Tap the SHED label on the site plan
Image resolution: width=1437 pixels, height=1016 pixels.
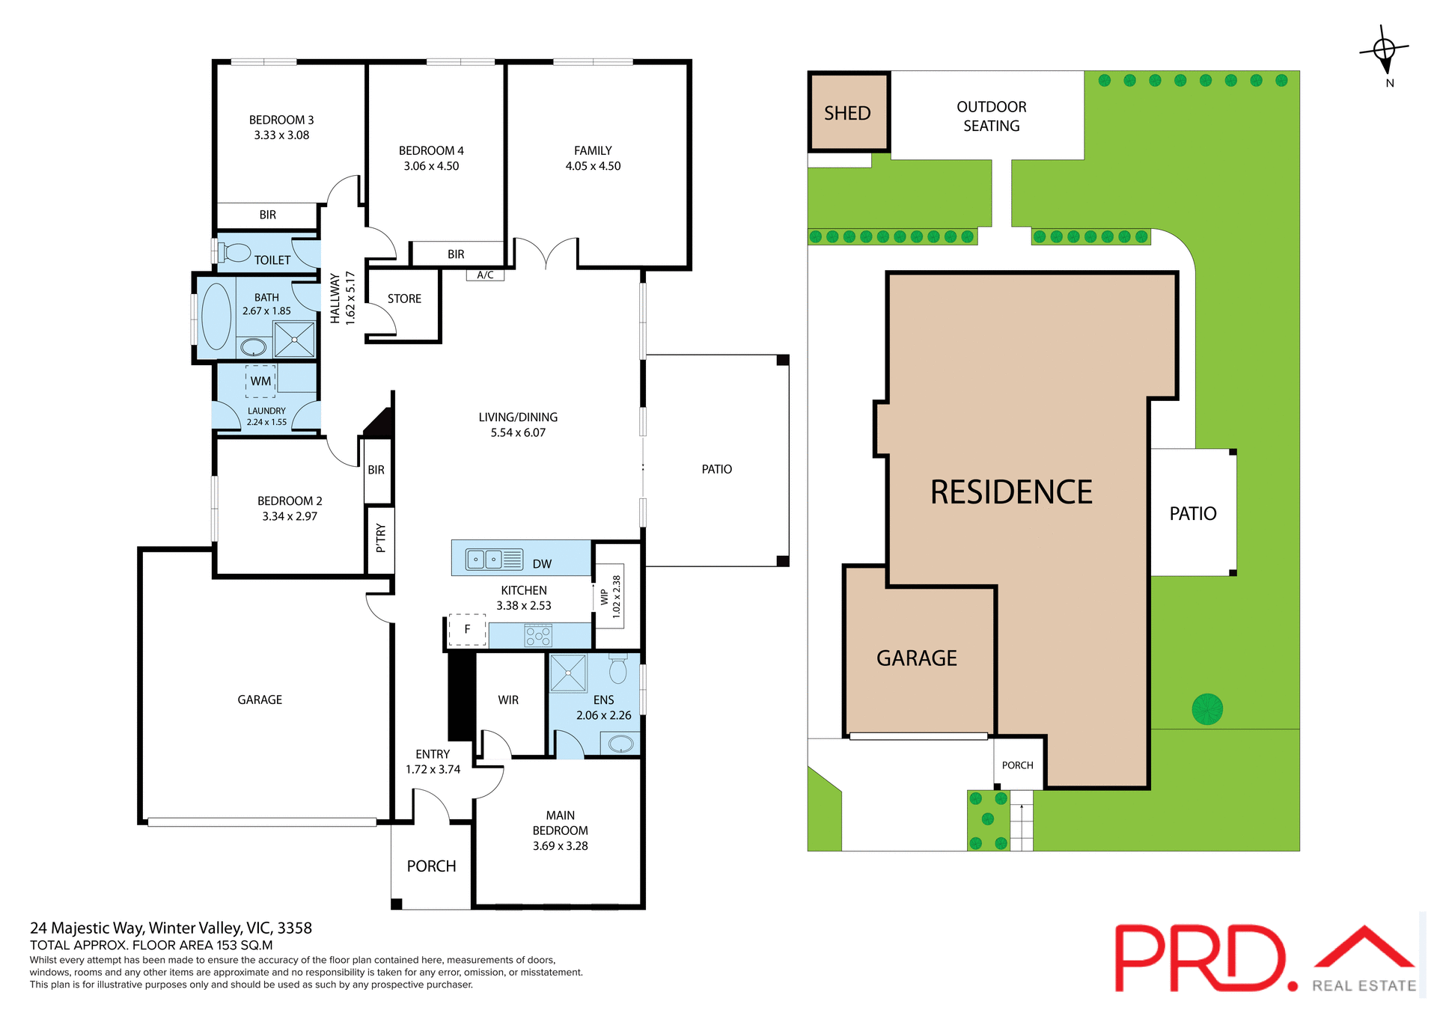tap(847, 113)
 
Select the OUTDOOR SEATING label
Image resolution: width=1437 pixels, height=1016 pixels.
tap(991, 116)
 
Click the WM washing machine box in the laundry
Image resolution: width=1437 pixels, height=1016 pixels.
tap(260, 381)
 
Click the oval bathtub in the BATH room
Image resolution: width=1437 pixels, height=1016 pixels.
tap(216, 316)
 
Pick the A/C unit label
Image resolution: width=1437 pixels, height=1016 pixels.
tap(485, 275)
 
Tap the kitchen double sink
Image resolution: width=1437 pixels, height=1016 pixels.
tap(484, 559)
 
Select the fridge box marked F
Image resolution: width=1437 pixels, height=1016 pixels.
tap(467, 629)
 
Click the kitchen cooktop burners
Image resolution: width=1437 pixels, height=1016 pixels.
tap(538, 636)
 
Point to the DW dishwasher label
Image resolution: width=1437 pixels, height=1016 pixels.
tap(542, 564)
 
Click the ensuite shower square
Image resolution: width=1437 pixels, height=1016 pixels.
tap(568, 673)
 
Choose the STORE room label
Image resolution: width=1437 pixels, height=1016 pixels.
tap(404, 299)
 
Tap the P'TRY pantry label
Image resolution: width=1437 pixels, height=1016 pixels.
tap(380, 538)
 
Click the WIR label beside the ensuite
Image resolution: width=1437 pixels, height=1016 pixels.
tap(508, 700)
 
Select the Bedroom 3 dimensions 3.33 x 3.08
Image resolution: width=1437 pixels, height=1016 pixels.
tap(281, 135)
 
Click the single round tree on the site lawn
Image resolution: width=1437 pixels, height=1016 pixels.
tap(1207, 709)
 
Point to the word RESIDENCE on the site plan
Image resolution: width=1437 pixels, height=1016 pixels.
tap(1011, 492)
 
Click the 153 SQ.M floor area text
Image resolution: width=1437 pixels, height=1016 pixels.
tap(244, 945)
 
